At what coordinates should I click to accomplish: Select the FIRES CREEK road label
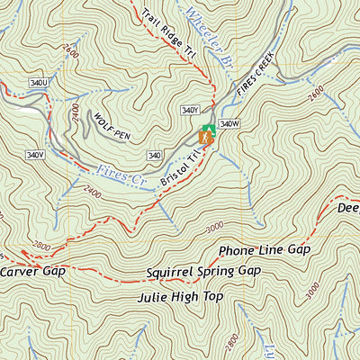tap(255, 76)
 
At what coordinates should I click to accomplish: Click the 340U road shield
tap(38, 83)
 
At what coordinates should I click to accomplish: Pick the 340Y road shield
tap(189, 110)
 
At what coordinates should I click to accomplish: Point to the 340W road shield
tap(229, 124)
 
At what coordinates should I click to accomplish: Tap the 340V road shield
tap(35, 155)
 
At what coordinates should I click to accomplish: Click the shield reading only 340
tap(154, 156)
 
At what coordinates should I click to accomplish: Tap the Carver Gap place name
tap(30, 271)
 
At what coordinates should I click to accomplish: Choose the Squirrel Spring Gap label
tap(202, 271)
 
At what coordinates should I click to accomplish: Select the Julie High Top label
tap(179, 295)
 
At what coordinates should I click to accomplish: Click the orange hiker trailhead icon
tap(206, 139)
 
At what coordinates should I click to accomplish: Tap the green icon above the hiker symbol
tap(208, 129)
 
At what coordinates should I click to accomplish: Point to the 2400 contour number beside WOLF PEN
tap(76, 115)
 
